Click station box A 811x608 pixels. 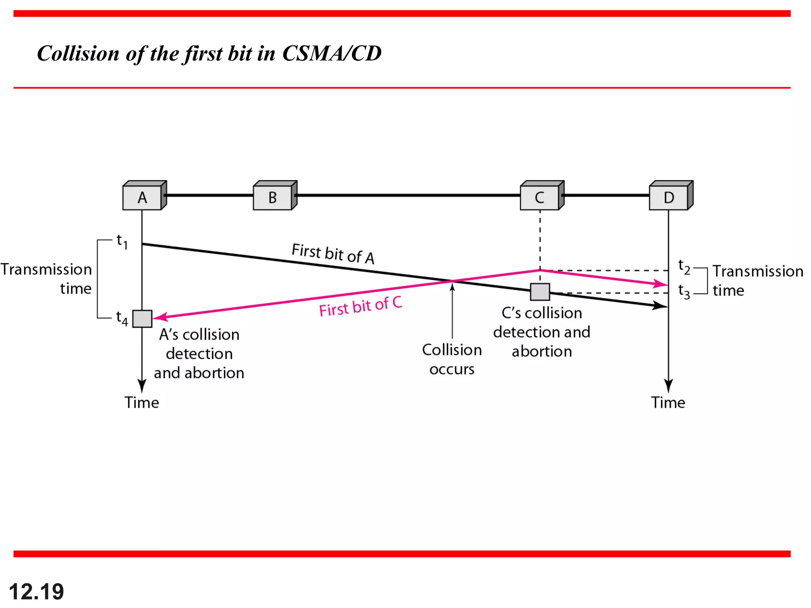click(142, 197)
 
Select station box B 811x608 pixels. click(273, 197)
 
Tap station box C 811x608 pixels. click(540, 197)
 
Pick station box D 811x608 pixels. click(669, 197)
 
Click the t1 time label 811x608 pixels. click(122, 241)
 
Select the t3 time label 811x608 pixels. click(684, 291)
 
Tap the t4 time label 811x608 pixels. click(122, 318)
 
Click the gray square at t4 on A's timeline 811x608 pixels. click(142, 319)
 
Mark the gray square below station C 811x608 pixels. click(540, 292)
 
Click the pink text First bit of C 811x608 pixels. click(360, 306)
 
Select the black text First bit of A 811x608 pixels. click(333, 253)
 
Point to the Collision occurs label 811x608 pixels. click(452, 359)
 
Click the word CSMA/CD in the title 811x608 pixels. click(331, 53)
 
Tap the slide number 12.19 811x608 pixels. click(36, 591)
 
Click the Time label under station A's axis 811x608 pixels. click(142, 403)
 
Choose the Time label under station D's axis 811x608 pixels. click(668, 403)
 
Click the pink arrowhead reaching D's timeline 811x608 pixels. click(661, 284)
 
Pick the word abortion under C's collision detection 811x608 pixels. click(542, 351)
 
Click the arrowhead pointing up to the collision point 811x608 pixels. click(452, 287)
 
